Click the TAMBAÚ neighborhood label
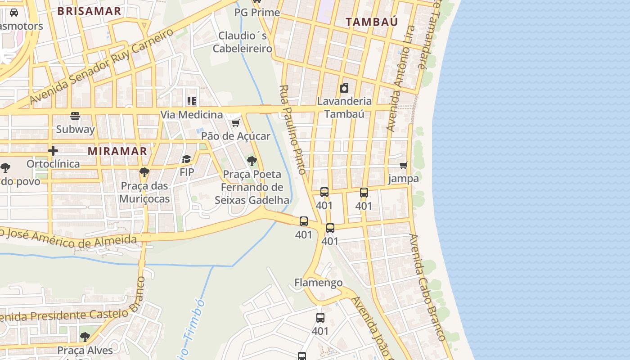point(371,22)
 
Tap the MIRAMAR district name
point(117,151)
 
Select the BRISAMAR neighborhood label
point(90,11)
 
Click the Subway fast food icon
point(75,116)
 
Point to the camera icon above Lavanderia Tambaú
point(344,88)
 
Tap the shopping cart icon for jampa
point(404,166)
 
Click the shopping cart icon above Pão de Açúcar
point(235,123)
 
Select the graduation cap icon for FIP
point(186,159)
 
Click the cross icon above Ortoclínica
point(53,151)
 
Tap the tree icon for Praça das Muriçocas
point(144,172)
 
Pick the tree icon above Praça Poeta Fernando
point(252,161)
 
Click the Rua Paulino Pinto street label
point(293,130)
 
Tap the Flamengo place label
point(318,283)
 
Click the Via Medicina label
point(192,115)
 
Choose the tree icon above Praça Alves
point(85,337)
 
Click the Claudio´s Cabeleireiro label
point(243,42)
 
